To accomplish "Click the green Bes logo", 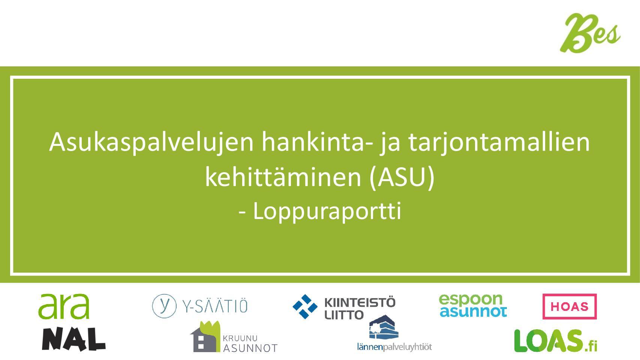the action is pos(589,33).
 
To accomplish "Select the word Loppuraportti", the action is pos(327,212).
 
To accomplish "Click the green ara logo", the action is pos(64,306).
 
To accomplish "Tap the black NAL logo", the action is pos(74,339).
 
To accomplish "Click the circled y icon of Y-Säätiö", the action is pos(164,306).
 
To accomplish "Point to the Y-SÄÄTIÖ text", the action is pos(215,306).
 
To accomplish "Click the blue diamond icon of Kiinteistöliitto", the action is pos(305,307).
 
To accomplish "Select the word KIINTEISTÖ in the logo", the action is pos(360,303).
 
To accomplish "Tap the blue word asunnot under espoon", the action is pos(474,312).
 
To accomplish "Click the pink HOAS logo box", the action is pos(570,307).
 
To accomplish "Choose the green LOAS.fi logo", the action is pos(556,340).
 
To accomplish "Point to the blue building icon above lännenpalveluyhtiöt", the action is pos(384,327).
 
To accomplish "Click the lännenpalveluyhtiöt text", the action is pos(394,347).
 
